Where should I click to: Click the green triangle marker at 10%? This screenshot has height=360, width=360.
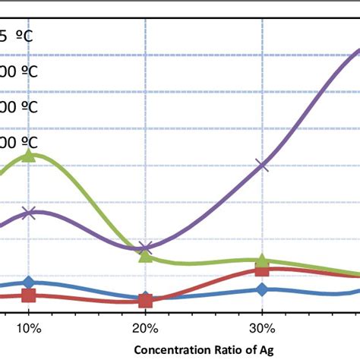[29, 155]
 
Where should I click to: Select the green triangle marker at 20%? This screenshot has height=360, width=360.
[145, 255]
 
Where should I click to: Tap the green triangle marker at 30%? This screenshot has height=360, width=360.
[262, 261]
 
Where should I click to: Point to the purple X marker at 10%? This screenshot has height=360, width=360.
[29, 213]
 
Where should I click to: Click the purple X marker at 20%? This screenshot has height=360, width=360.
[146, 248]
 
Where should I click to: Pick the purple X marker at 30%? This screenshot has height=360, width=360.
[262, 164]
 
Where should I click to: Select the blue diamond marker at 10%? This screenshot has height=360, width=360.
[29, 283]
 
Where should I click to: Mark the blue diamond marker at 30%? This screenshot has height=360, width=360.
[262, 289]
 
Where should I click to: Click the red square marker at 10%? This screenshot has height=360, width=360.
[29, 295]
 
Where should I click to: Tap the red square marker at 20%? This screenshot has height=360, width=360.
[146, 301]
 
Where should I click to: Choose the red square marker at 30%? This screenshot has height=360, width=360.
[262, 270]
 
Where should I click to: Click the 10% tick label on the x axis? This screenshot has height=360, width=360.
[29, 329]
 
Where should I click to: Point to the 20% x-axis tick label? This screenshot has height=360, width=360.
[145, 329]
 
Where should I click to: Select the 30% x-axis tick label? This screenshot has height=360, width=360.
[262, 329]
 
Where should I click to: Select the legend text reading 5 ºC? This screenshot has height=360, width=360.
[18, 35]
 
